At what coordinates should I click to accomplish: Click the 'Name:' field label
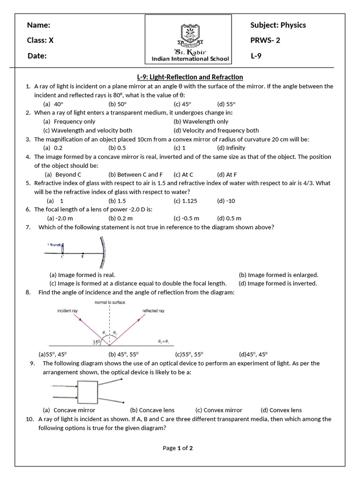tap(38, 25)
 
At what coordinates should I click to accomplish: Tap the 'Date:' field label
tap(37, 56)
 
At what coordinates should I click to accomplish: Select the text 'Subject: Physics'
tap(278, 25)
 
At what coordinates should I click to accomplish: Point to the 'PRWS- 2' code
tap(265, 40)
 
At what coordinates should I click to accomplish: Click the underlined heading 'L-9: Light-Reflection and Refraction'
tap(186, 77)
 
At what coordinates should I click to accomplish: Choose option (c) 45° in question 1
tap(183, 104)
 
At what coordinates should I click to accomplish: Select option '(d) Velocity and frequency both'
tap(216, 130)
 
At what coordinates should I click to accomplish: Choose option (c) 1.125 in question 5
tap(185, 201)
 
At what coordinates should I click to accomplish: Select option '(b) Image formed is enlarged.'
tap(278, 275)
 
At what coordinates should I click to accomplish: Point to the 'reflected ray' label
tap(153, 311)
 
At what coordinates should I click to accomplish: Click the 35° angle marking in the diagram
tap(96, 342)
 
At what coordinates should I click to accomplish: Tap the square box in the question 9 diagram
tap(87, 390)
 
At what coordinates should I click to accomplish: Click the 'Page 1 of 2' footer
tap(178, 448)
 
